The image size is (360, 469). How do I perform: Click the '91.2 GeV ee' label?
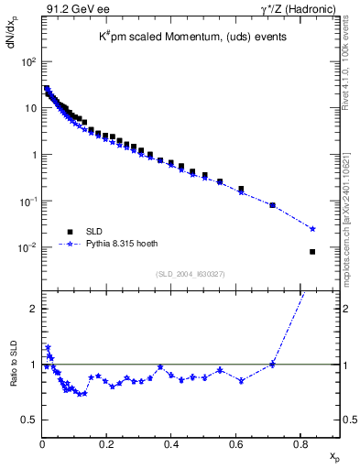73,10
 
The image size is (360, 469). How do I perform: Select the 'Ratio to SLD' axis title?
14,377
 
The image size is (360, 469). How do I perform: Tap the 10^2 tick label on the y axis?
27,61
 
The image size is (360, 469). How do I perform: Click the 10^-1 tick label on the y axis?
27,202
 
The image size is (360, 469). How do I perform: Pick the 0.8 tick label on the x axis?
300,444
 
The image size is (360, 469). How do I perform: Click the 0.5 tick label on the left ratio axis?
28,420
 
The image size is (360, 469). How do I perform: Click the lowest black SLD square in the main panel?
312,252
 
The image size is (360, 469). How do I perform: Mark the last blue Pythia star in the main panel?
312,229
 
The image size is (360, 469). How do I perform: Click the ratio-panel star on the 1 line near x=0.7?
272,365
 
